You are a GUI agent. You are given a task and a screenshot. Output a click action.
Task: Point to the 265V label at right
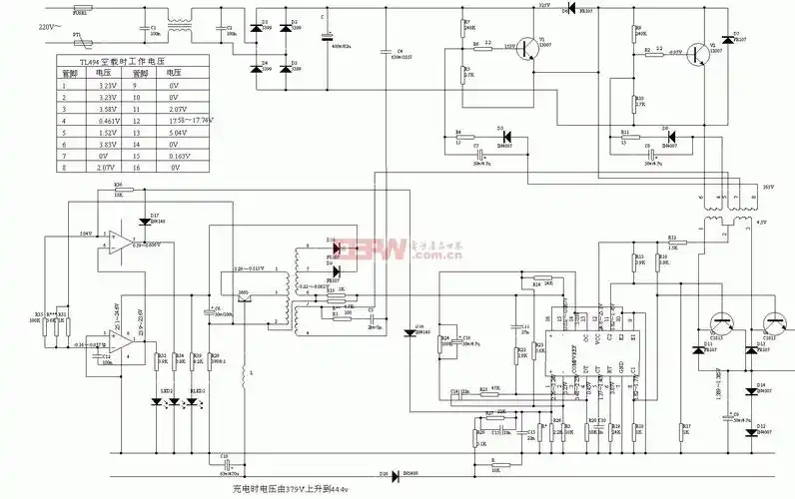(768, 187)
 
